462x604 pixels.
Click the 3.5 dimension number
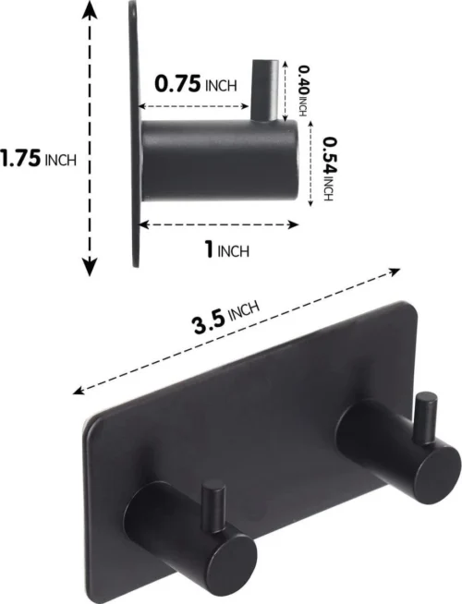[208, 324]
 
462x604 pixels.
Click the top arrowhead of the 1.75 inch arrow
[90, 9]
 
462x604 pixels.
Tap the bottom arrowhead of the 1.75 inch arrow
[90, 267]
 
